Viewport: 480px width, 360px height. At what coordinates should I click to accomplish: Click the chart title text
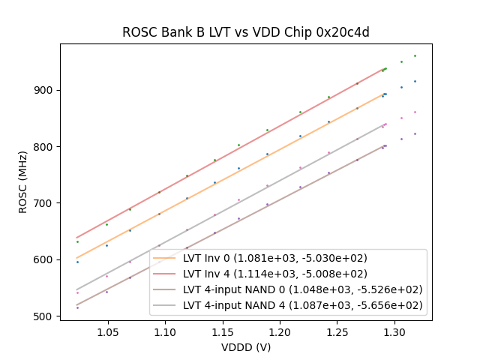(x=246, y=32)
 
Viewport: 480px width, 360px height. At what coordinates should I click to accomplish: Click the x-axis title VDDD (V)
(x=246, y=347)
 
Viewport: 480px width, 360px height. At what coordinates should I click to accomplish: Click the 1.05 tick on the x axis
(x=107, y=331)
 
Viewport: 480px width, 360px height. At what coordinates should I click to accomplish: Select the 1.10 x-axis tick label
(x=165, y=331)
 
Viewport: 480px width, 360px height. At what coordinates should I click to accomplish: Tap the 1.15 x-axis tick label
(x=222, y=331)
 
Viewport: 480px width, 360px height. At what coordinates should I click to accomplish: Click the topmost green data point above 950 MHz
(x=415, y=55)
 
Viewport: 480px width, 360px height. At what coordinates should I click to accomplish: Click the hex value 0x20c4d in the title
(x=343, y=32)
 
